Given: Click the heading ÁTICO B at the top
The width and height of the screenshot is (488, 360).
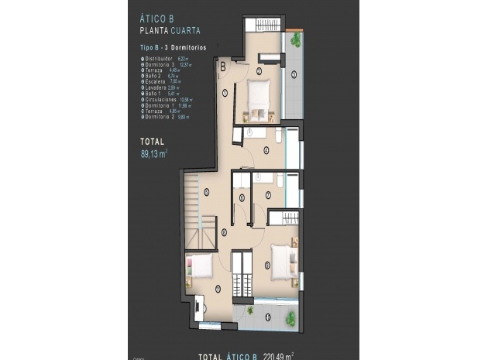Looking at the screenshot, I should (x=160, y=21).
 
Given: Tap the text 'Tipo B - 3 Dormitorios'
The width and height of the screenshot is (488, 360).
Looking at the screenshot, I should (x=168, y=48).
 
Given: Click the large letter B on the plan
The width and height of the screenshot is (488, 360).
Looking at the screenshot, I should (x=223, y=67).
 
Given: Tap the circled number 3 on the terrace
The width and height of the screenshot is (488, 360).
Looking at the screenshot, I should (x=294, y=75).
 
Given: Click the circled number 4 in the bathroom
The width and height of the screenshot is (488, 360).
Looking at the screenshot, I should (x=266, y=150).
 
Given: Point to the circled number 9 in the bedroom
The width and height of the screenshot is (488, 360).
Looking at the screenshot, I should (x=267, y=266).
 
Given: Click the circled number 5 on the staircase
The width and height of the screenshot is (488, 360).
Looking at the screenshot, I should (x=206, y=192).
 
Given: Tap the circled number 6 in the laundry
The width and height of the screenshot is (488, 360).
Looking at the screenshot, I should (x=242, y=197).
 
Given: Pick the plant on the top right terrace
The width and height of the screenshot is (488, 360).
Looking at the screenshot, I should (x=296, y=39).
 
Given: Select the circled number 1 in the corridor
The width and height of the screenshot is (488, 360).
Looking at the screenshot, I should (x=225, y=93).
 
